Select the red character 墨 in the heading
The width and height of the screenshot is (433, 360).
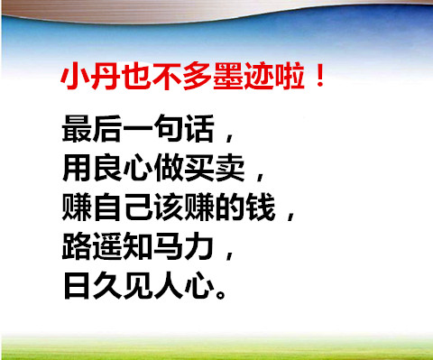pos(228,76)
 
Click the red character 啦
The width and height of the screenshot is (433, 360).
pos(290,76)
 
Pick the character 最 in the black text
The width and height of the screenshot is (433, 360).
pos(77,128)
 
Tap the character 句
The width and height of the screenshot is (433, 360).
pos(169,128)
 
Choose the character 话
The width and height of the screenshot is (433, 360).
pos(199,128)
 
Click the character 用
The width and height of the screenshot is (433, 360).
pos(77,168)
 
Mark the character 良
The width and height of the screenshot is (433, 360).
pos(107,168)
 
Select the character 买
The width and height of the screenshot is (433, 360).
pos(199,168)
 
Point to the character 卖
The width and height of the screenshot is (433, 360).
pos(230,168)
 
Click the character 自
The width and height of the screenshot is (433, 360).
pos(107,207)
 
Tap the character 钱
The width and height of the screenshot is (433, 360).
pos(261,207)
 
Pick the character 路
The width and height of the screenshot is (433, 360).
pos(77,246)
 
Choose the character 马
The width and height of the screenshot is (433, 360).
pos(169,246)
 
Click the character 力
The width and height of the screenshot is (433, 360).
pos(199,246)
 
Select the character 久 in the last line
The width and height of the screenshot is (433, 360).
pos(107,285)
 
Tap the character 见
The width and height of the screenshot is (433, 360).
pos(138,285)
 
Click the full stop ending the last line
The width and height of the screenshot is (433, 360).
pos(221,293)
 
